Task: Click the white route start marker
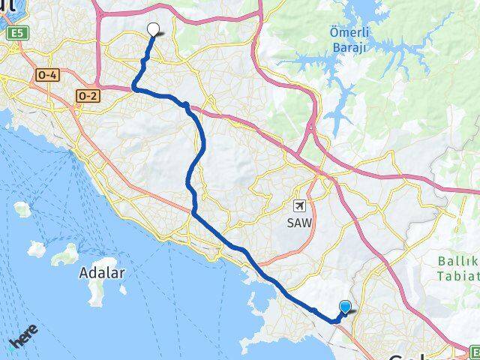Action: tap(154, 29)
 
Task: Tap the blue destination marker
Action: tap(345, 306)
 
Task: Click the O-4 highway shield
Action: tap(46, 76)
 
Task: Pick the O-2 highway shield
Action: tap(87, 95)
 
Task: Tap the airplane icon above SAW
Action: tap(300, 205)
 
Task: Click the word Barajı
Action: tap(346, 48)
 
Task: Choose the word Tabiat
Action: tap(459, 277)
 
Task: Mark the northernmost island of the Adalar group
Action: tap(22, 208)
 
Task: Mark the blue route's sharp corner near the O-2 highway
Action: tap(134, 88)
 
